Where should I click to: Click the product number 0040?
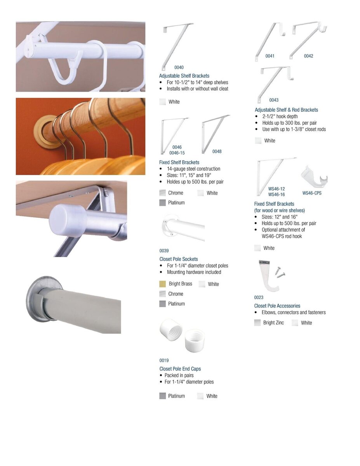[179, 67]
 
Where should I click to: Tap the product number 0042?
[308, 56]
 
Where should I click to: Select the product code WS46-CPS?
[312, 193]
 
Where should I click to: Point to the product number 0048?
[217, 151]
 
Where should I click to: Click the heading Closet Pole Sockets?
[179, 259]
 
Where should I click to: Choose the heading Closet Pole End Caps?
[180, 369]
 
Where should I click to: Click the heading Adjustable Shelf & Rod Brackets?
[286, 110]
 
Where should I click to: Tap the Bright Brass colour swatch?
[163, 284]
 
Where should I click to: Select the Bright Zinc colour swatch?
[257, 323]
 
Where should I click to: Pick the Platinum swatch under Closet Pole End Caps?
[163, 396]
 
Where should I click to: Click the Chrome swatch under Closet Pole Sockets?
[163, 294]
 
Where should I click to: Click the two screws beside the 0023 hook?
[280, 272]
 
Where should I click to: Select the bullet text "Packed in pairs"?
[179, 375]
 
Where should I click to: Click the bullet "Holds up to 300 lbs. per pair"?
[289, 123]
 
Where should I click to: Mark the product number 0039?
[164, 251]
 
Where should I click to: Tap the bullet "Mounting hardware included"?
[194, 272]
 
